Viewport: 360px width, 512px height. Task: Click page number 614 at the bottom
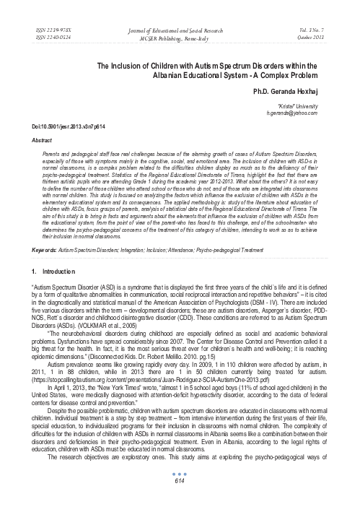[180, 502]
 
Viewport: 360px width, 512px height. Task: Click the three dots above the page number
[180, 495]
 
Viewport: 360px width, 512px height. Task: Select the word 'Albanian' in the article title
[184, 74]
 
